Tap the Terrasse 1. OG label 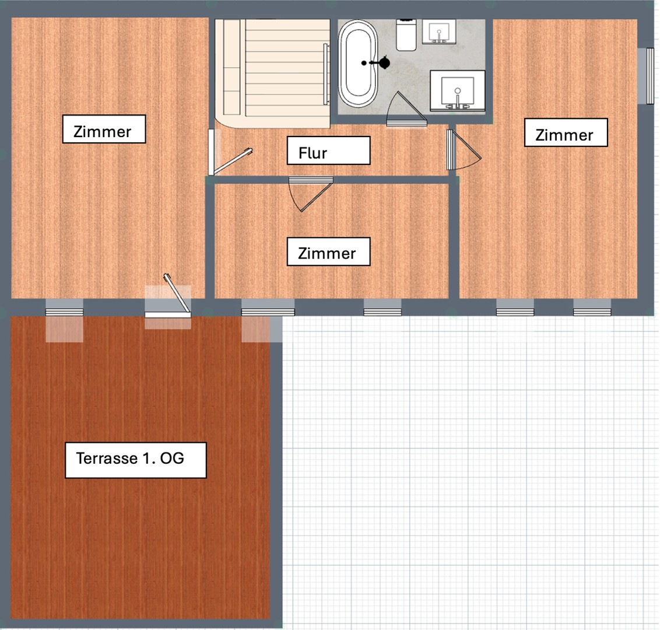pyautogui.click(x=135, y=460)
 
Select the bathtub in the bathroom pyautogui.click(x=358, y=63)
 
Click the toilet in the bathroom pyautogui.click(x=406, y=35)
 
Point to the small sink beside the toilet pyautogui.click(x=439, y=32)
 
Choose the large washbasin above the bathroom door pyautogui.click(x=458, y=91)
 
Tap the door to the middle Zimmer pyautogui.click(x=311, y=194)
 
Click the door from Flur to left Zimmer pyautogui.click(x=229, y=152)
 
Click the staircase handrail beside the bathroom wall pyautogui.click(x=327, y=74)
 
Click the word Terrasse pyautogui.click(x=107, y=458)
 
